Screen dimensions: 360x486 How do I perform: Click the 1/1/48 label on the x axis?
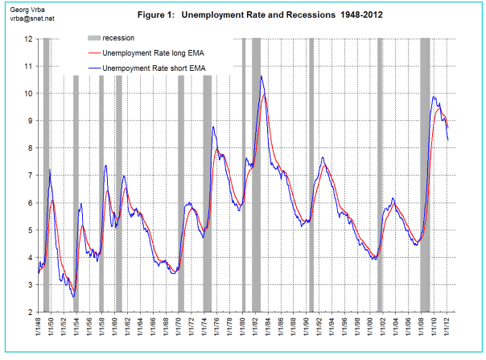point(39,331)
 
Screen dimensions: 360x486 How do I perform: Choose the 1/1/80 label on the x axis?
point(243,331)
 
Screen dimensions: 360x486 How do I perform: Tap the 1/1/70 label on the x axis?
point(179,331)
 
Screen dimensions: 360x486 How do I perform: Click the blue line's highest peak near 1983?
point(261,77)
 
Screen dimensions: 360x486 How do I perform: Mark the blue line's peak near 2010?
point(435,97)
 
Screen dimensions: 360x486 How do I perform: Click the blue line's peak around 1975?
point(213,127)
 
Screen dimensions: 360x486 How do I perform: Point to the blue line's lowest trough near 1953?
point(73,296)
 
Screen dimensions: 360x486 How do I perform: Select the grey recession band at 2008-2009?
point(425,175)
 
